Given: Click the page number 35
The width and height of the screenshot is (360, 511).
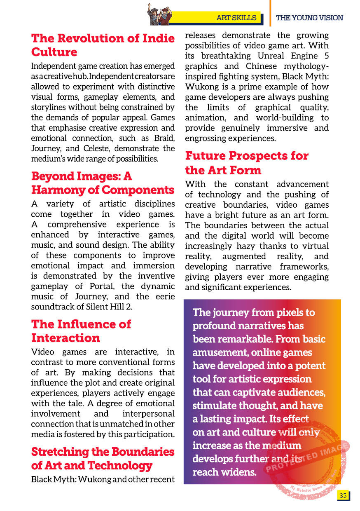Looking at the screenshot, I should point(342,495).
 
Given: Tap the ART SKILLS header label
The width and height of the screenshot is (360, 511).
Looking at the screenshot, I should point(236,18).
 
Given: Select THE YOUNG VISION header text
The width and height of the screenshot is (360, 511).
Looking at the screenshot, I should point(309,18).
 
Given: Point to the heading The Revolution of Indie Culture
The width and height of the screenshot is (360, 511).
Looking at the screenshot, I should point(103,45).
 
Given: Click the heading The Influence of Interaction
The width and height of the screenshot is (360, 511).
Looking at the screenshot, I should point(81,331).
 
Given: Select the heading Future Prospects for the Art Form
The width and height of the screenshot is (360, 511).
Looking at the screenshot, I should point(247,163).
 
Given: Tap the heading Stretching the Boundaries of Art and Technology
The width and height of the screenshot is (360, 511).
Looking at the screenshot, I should point(103,459).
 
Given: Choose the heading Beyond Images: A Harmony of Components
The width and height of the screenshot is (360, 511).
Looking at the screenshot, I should point(103,183).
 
